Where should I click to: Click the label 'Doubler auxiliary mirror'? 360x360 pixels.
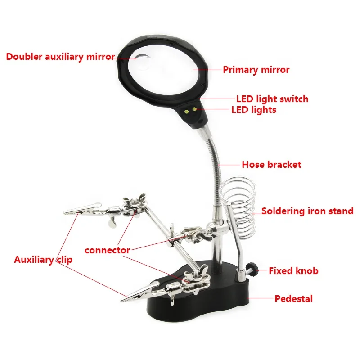pos(60,57)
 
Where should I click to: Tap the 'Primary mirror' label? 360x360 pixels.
pos(256,70)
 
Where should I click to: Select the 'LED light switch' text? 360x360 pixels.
pos(272,99)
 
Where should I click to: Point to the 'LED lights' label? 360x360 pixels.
pos(254,109)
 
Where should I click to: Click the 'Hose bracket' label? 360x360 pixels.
pos(271,165)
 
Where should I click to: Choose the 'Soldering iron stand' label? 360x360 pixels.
pos(307,211)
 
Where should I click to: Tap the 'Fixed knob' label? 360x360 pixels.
pos(293,271)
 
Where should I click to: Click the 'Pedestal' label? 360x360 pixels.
pos(293,298)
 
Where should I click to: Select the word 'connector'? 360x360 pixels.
pos(107,250)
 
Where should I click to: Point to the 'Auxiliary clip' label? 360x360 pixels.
pos(43,260)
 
